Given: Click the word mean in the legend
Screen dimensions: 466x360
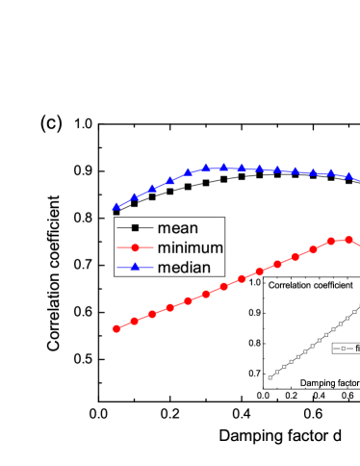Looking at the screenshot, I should click(177, 228).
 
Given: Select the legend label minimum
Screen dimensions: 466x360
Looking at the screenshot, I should click(191, 247).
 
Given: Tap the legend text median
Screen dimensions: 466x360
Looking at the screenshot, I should click(184, 267).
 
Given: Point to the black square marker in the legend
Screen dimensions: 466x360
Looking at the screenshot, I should click(135, 228).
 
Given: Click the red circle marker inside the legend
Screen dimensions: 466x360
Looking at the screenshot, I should click(135, 247).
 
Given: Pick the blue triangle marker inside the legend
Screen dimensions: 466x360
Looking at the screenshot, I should click(135, 267).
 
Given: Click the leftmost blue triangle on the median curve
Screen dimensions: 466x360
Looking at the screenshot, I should click(116, 206).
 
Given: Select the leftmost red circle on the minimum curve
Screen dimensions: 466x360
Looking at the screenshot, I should click(116, 328).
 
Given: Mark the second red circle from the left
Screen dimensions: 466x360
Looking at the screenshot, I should click(134, 321).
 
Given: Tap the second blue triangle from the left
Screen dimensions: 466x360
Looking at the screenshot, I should click(135, 196).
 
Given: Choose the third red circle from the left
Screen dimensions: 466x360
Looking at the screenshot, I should click(152, 314).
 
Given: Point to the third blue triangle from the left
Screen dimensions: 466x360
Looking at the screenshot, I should click(152, 188).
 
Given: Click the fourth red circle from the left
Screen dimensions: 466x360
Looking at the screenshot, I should click(169, 307).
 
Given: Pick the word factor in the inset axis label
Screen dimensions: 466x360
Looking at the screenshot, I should click(348, 382).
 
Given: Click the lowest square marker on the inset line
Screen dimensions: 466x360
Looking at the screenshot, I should click(270, 377).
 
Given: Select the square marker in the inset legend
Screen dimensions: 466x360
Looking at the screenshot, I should click(337, 348).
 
